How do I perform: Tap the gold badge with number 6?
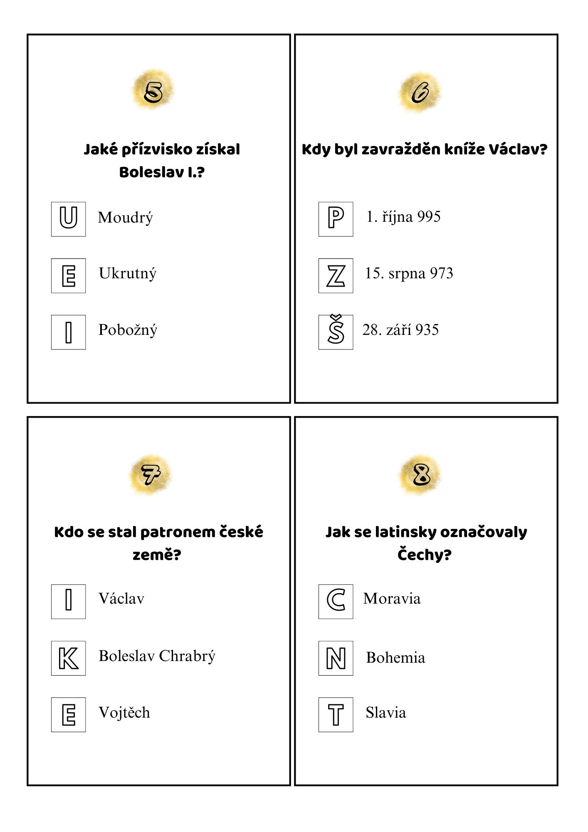point(420,92)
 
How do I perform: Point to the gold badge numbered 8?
point(421,474)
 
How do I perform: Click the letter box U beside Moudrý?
point(69,219)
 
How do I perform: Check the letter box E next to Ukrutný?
point(69,276)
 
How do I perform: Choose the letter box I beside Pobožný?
point(69,332)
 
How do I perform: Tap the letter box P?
point(336,219)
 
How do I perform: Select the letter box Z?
point(336,276)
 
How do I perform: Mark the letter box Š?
point(336,332)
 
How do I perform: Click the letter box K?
point(69,658)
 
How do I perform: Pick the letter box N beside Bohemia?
point(336,658)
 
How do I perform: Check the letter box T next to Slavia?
point(336,715)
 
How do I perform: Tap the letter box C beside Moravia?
point(336,601)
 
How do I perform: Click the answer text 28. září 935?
point(400,330)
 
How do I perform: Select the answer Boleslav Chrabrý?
point(157,656)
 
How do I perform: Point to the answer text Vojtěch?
point(124,713)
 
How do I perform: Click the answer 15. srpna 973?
point(409,273)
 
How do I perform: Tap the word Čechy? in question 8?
point(424,555)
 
